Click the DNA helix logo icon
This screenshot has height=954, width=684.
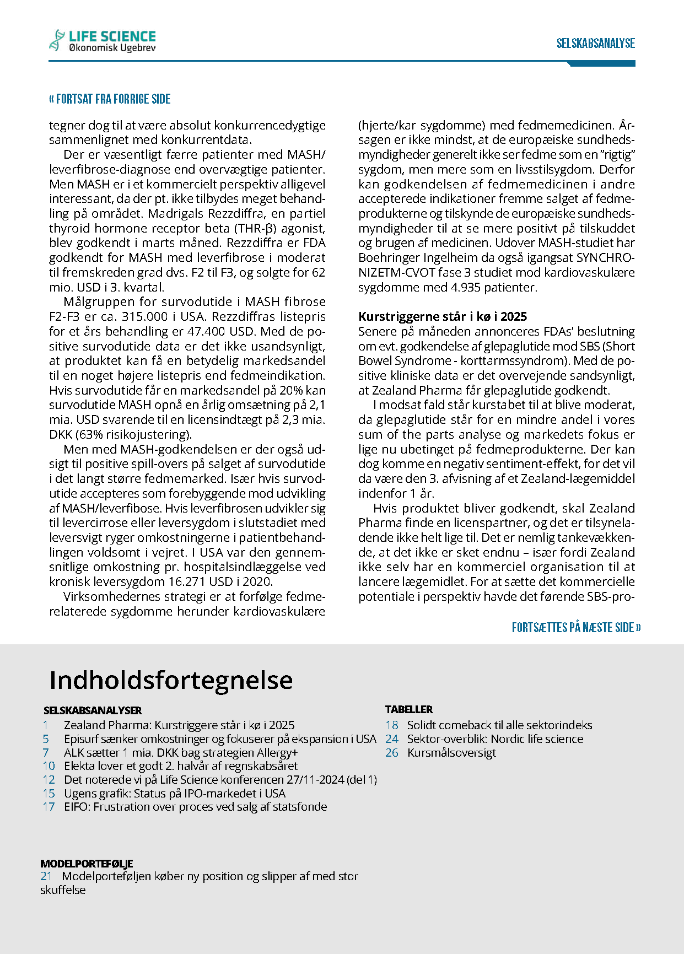click(x=57, y=40)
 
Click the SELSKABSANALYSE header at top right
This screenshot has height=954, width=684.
click(x=595, y=44)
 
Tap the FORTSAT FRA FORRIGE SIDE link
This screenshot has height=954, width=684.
click(x=110, y=99)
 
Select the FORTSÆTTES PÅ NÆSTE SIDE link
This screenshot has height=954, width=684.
click(x=576, y=628)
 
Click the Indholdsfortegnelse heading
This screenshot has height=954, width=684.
click(x=171, y=680)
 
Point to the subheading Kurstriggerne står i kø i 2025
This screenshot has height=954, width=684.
click(x=442, y=316)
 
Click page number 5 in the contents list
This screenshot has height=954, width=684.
click(x=46, y=739)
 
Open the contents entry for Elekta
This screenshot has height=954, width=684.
click(x=180, y=766)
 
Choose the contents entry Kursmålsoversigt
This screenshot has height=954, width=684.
click(x=451, y=753)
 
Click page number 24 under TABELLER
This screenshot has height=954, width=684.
click(x=391, y=739)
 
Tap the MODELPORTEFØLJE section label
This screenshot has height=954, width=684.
click(x=87, y=864)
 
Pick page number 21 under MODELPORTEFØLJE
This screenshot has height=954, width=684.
click(x=46, y=876)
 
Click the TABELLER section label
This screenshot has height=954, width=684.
click(x=409, y=709)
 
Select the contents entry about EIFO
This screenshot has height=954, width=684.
click(x=195, y=807)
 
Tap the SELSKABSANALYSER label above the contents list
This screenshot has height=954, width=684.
click(x=93, y=710)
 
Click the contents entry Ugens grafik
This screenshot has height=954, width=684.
click(x=175, y=794)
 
